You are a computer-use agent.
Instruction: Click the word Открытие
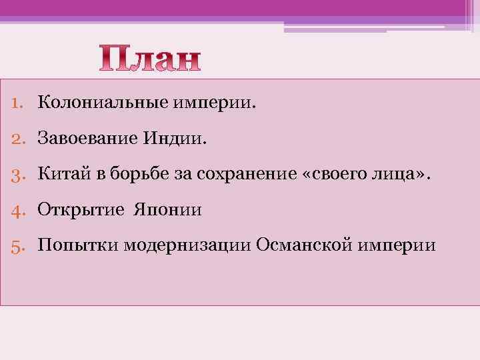pyautogui.click(x=81, y=211)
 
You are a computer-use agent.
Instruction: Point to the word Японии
pyautogui.click(x=167, y=211)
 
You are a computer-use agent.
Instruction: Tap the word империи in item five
pyautogui.click(x=397, y=246)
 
